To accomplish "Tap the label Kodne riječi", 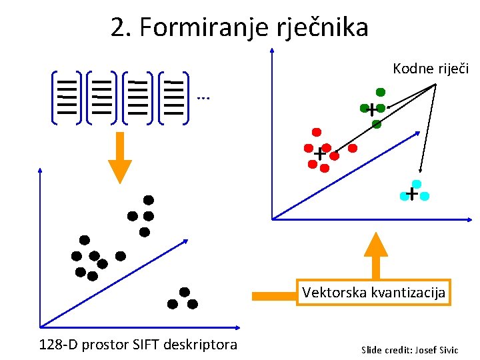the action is (x=431, y=69).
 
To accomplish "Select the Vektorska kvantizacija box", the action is (x=374, y=292).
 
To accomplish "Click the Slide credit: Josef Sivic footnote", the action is (x=409, y=349).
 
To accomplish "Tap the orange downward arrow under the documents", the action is (x=120, y=157).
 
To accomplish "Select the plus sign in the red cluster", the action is (x=320, y=154).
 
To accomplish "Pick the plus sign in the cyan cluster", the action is (x=412, y=194).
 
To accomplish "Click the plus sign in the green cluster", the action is (x=371, y=110).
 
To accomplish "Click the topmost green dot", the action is (x=381, y=92).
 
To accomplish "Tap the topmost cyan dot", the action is (x=417, y=183).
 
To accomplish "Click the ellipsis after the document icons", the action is (x=203, y=97).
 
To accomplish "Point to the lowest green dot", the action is (x=377, y=124).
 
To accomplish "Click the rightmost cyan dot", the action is (x=425, y=196).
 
